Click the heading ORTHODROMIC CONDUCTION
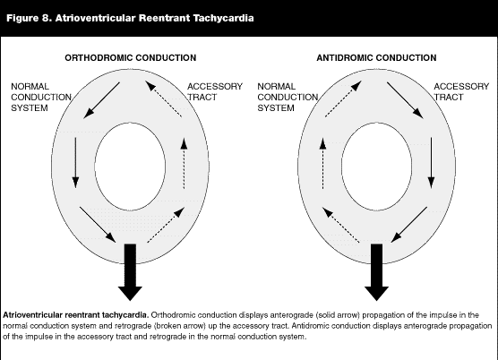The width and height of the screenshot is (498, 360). click(x=131, y=58)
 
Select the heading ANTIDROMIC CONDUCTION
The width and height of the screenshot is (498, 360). click(x=376, y=58)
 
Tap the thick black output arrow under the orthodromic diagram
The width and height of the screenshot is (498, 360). click(x=130, y=271)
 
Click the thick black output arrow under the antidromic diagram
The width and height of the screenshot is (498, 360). click(x=377, y=271)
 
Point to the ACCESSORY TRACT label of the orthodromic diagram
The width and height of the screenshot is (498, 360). click(x=215, y=91)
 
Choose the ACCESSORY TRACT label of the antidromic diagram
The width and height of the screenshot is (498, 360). click(x=461, y=91)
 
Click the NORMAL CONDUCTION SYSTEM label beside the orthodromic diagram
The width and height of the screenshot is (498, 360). click(x=41, y=97)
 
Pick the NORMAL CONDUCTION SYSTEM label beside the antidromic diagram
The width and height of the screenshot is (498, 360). click(x=288, y=97)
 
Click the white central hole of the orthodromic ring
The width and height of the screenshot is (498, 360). click(x=130, y=167)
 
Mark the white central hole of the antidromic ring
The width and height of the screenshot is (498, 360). click(x=377, y=167)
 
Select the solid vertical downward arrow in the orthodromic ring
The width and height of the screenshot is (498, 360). click(x=75, y=163)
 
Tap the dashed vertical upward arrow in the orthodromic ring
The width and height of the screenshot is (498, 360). click(x=184, y=164)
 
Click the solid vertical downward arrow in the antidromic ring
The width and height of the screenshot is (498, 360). click(x=431, y=163)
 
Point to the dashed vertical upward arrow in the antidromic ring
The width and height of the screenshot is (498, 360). click(x=322, y=164)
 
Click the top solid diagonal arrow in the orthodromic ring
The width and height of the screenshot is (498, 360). click(x=101, y=100)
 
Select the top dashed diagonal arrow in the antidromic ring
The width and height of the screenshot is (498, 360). click(x=343, y=99)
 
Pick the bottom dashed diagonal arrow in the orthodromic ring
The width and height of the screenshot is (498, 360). click(x=166, y=225)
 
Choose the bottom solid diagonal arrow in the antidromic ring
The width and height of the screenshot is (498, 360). click(x=409, y=225)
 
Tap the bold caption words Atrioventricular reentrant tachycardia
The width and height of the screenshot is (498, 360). click(x=76, y=315)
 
